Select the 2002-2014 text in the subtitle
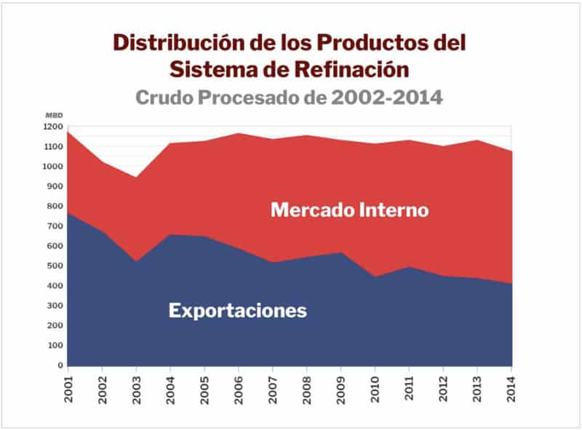pos(386,97)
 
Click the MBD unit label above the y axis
pos(54,116)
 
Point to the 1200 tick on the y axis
pos(54,127)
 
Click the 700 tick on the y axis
pos(56,226)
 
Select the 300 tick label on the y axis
pos(56,306)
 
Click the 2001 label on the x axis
pos(68,385)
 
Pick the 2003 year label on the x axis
pos(136,385)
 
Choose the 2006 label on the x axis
pos(239,385)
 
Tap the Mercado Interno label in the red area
pos(349,210)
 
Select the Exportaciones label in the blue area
pos(237,311)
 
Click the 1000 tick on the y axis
pos(54,167)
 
